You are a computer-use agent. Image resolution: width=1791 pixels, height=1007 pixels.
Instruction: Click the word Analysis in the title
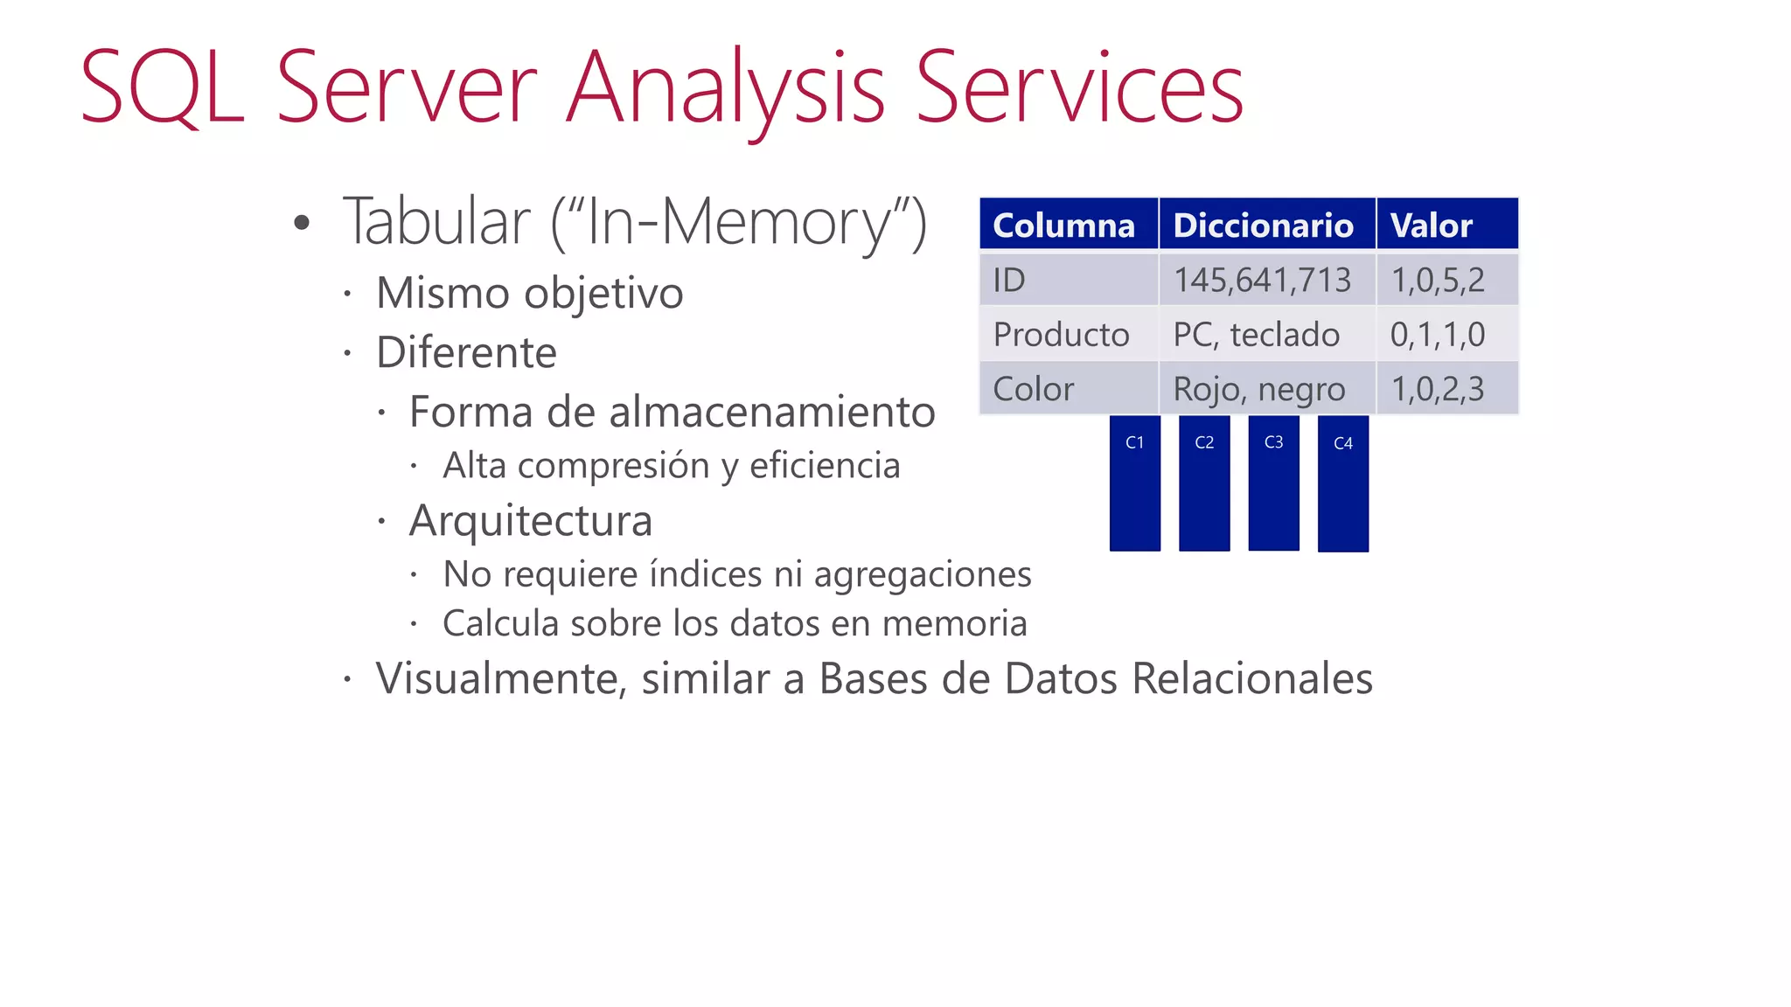[725, 88]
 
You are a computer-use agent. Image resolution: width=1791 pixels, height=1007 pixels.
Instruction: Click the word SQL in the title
[163, 88]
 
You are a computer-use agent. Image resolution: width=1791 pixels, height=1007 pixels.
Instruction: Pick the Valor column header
[1446, 225]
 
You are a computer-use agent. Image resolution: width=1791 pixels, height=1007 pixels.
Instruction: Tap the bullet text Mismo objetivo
[529, 293]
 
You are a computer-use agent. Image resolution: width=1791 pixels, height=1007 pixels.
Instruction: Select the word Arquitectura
[530, 521]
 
